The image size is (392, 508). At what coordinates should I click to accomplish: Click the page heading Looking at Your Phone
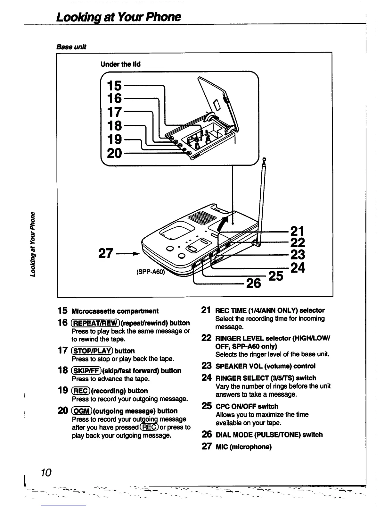click(x=118, y=17)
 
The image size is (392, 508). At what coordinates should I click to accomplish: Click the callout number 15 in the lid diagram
click(x=114, y=86)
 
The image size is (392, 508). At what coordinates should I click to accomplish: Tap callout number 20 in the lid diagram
click(x=114, y=153)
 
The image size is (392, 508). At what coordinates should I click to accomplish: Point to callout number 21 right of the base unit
click(x=297, y=231)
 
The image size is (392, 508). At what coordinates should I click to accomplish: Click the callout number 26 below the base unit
click(x=253, y=283)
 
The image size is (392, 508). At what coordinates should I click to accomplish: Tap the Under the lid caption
click(x=120, y=64)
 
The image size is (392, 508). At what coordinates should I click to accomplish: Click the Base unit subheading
click(x=71, y=47)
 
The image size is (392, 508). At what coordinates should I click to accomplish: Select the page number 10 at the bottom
click(x=46, y=472)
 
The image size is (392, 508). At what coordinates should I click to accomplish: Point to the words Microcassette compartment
click(x=115, y=311)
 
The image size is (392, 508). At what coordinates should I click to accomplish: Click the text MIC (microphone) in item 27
click(x=244, y=447)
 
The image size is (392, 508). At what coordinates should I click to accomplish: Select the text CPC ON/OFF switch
click(x=247, y=406)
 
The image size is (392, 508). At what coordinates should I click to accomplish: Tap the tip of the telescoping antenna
click(x=264, y=159)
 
